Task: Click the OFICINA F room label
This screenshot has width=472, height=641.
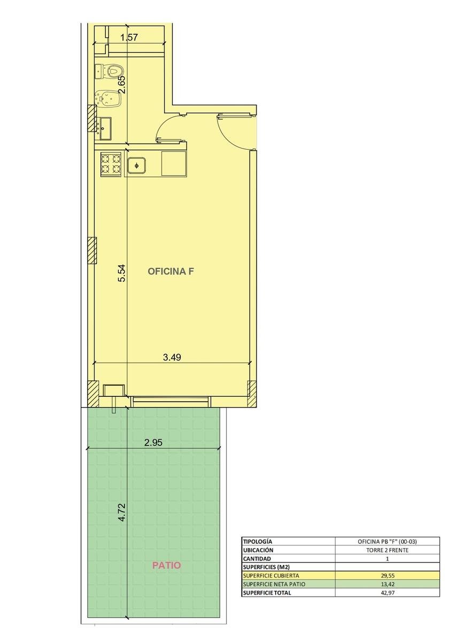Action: coord(171,271)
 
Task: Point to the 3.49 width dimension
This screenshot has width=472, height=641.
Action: coord(172,357)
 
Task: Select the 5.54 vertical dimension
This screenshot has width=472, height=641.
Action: coord(122,273)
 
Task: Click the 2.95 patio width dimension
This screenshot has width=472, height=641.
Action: coord(153,442)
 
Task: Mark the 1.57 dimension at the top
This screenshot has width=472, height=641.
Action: coord(129,37)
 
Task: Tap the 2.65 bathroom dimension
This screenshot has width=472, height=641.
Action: coord(122,84)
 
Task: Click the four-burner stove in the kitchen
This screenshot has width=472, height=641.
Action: coord(111,164)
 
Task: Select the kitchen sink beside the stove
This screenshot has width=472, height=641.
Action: coord(137,166)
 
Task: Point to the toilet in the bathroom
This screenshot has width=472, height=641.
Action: coord(109,71)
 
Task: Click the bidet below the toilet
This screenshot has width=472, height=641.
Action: coord(108,98)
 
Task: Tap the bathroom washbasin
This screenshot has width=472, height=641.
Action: coord(104,128)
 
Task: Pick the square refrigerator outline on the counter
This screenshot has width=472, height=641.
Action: coord(174,163)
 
